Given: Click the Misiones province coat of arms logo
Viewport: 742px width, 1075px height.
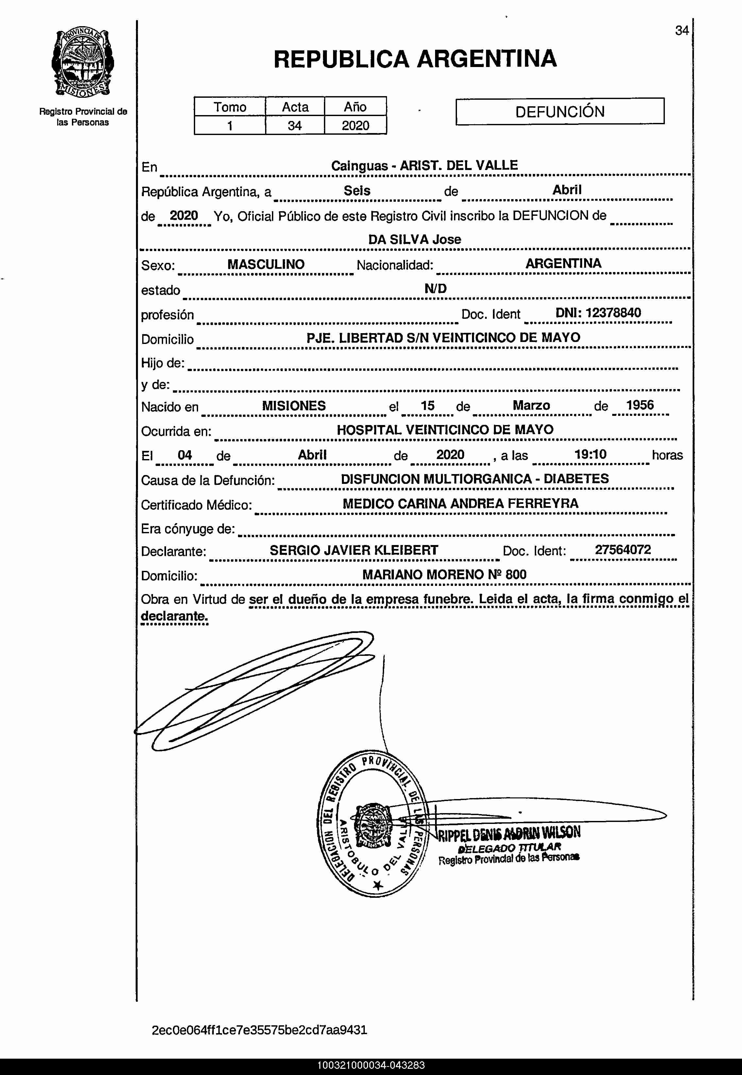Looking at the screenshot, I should coord(83,63).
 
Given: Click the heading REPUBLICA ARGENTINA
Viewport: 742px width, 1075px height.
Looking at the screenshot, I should coord(415,59).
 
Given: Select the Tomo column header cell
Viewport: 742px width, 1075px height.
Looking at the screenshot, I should coord(230,107).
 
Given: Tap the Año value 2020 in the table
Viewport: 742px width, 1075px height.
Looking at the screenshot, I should coord(355,126).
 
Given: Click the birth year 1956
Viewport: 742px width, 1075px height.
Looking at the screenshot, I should coord(640,405).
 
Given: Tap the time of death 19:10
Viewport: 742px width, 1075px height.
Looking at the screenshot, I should coord(590,454).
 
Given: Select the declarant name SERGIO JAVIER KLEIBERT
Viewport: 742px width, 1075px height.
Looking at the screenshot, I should coord(354,550).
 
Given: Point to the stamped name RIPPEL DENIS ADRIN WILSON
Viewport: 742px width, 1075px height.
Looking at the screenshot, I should coord(509,833).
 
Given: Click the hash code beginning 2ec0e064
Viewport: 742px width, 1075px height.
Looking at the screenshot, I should coord(260,1030).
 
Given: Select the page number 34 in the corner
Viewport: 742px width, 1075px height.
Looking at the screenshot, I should coord(682,31).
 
